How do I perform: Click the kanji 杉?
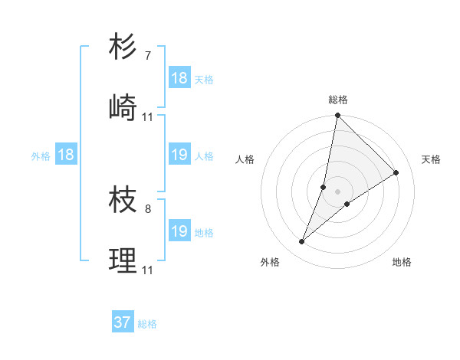pos(123,47)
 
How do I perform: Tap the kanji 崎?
pos(123,107)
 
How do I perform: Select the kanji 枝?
pos(123,200)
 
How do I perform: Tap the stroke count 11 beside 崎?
pos(148,116)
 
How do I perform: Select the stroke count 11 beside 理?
pos(148,270)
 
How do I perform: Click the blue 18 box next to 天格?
pos(179,78)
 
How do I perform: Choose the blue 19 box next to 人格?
pos(179,155)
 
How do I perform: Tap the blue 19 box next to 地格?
pos(179,231)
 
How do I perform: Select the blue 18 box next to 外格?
pos(66,155)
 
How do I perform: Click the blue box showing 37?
pos(123,322)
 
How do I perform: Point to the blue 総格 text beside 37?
pos(147,324)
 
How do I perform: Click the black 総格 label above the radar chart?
pos(338,100)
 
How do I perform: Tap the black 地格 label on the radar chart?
pos(402,262)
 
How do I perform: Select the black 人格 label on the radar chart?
pos(245,159)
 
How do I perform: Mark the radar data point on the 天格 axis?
pos(396,172)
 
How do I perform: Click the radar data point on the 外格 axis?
pos(302,242)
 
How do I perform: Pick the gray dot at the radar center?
pos(338,191)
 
